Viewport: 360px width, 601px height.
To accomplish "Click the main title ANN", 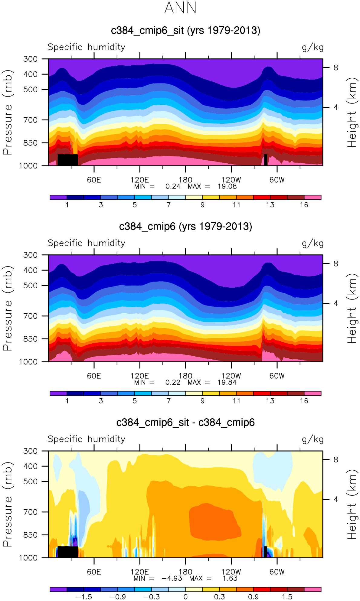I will pyautogui.click(x=180, y=8).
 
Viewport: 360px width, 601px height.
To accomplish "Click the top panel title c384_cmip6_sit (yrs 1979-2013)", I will pyautogui.click(x=185, y=31).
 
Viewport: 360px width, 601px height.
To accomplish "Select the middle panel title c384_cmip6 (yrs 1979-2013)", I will pyautogui.click(x=185, y=227).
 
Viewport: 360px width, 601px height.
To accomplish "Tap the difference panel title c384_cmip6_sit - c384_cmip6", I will pyautogui.click(x=185, y=423).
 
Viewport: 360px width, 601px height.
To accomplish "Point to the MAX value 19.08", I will pyautogui.click(x=227, y=186).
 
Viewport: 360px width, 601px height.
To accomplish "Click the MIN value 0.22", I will pyautogui.click(x=173, y=382).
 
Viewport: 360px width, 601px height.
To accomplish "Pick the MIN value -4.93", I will pyautogui.click(x=172, y=578).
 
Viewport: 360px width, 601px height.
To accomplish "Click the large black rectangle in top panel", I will pyautogui.click(x=68, y=160).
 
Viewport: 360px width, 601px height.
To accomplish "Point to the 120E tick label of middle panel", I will pyautogui.click(x=139, y=376).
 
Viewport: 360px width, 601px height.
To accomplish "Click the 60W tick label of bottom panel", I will pyautogui.click(x=277, y=572).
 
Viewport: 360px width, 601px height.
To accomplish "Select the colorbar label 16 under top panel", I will pyautogui.click(x=304, y=205).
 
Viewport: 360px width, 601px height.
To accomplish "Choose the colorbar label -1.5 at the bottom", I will pyautogui.click(x=84, y=597).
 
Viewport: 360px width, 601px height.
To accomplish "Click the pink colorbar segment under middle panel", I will pyautogui.click(x=313, y=393).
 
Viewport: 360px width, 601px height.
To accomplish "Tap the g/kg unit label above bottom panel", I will pyautogui.click(x=313, y=439).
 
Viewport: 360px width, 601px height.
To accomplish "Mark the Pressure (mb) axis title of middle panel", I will pyautogui.click(x=8, y=308).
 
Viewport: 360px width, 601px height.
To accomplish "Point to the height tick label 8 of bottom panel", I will pyautogui.click(x=336, y=460).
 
